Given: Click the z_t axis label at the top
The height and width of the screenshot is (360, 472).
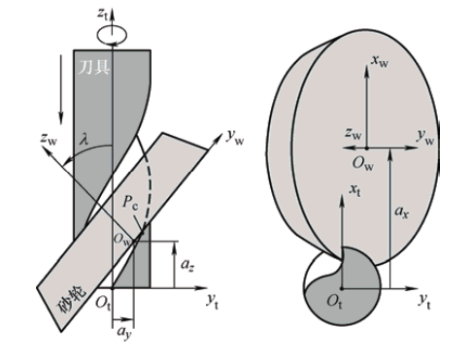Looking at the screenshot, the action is point(103,15).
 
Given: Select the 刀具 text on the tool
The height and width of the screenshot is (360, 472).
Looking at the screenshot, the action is point(93,67).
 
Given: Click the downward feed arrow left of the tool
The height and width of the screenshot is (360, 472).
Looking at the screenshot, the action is point(60,89).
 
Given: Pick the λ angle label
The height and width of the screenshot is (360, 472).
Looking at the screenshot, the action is point(84,140).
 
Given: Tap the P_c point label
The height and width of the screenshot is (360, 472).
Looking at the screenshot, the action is point(130,203).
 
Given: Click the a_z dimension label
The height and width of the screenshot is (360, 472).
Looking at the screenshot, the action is point(187,265).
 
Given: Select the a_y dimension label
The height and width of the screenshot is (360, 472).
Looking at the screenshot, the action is point(123,333).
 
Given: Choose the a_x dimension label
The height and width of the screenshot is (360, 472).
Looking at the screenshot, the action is point(401,212).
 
